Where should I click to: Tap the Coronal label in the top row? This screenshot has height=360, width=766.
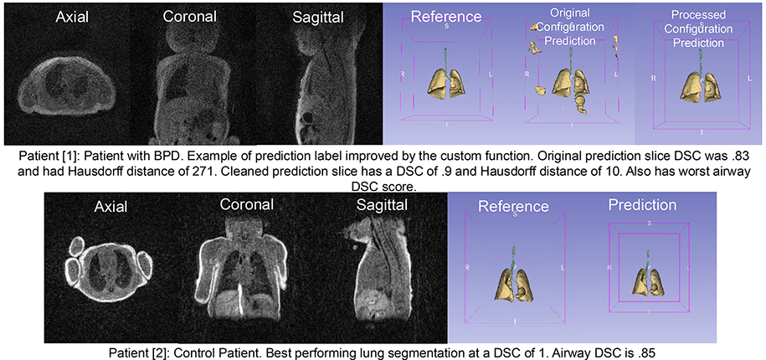click(190, 16)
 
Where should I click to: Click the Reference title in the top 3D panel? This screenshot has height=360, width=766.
click(446, 16)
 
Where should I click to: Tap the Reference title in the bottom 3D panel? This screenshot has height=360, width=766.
click(513, 206)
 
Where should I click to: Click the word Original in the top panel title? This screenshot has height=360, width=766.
click(569, 13)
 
